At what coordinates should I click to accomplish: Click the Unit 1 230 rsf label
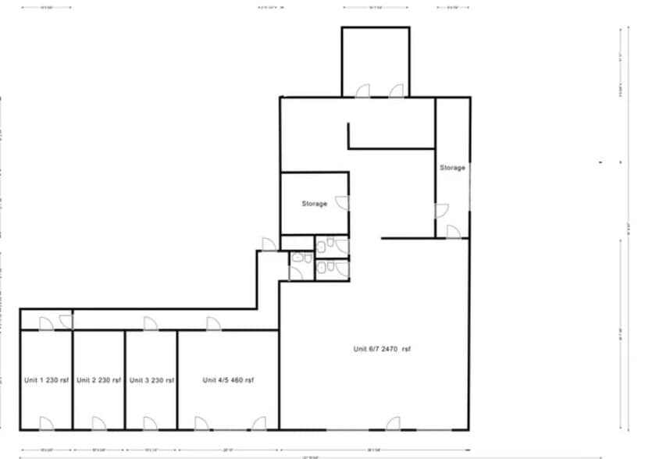point(46,380)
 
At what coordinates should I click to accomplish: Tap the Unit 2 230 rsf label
point(98,380)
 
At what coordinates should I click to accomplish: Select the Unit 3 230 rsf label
point(151,380)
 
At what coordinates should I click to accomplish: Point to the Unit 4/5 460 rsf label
point(228,380)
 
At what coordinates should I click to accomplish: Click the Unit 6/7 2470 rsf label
point(382,349)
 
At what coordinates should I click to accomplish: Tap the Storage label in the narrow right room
point(452,168)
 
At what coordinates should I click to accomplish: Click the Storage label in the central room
point(315,204)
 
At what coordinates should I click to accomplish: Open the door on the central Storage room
point(342,204)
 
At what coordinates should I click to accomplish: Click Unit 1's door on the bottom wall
point(46,424)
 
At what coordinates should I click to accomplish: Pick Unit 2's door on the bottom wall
point(98,424)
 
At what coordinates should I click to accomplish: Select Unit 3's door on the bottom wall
point(150,424)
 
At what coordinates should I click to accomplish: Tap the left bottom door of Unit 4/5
point(201,424)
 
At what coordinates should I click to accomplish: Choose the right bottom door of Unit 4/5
point(258,424)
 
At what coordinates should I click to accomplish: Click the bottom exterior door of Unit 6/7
point(393,424)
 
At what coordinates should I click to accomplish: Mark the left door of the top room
point(363,91)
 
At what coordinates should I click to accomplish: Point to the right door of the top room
point(396,91)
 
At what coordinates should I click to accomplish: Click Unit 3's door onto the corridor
point(149,324)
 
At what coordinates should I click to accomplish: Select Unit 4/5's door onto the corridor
point(213,324)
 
